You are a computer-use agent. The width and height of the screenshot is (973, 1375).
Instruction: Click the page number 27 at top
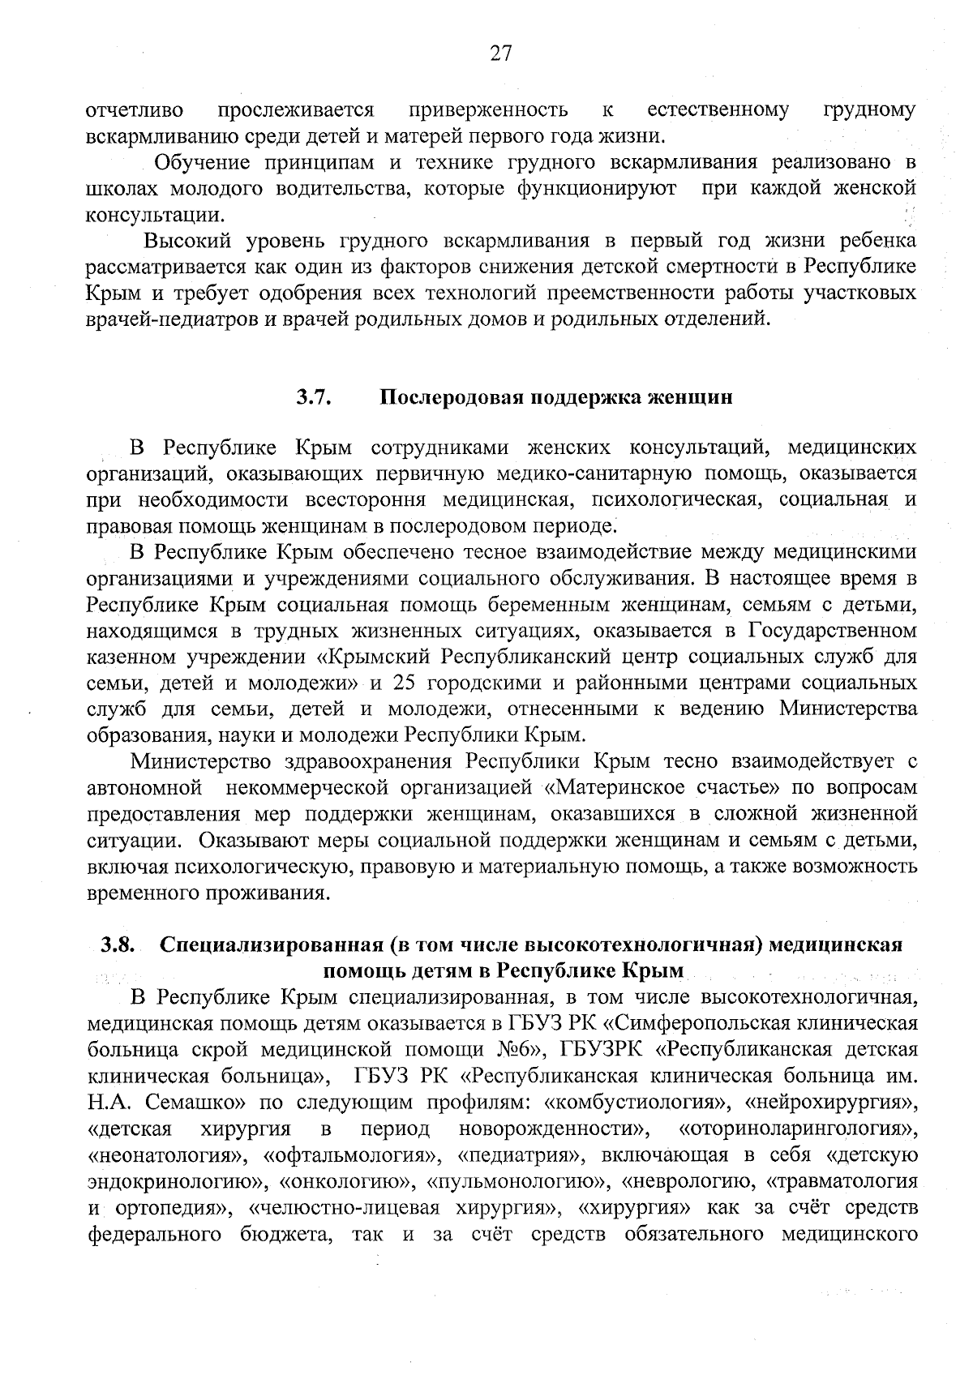point(500,54)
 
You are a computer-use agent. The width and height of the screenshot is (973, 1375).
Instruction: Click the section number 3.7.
point(311,397)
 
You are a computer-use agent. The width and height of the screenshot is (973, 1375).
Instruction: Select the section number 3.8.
point(117,945)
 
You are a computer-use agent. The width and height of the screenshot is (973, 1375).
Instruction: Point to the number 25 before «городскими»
point(405,683)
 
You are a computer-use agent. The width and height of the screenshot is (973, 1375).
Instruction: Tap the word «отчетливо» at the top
point(135,109)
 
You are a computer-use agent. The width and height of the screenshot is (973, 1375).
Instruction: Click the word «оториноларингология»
point(799,1129)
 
